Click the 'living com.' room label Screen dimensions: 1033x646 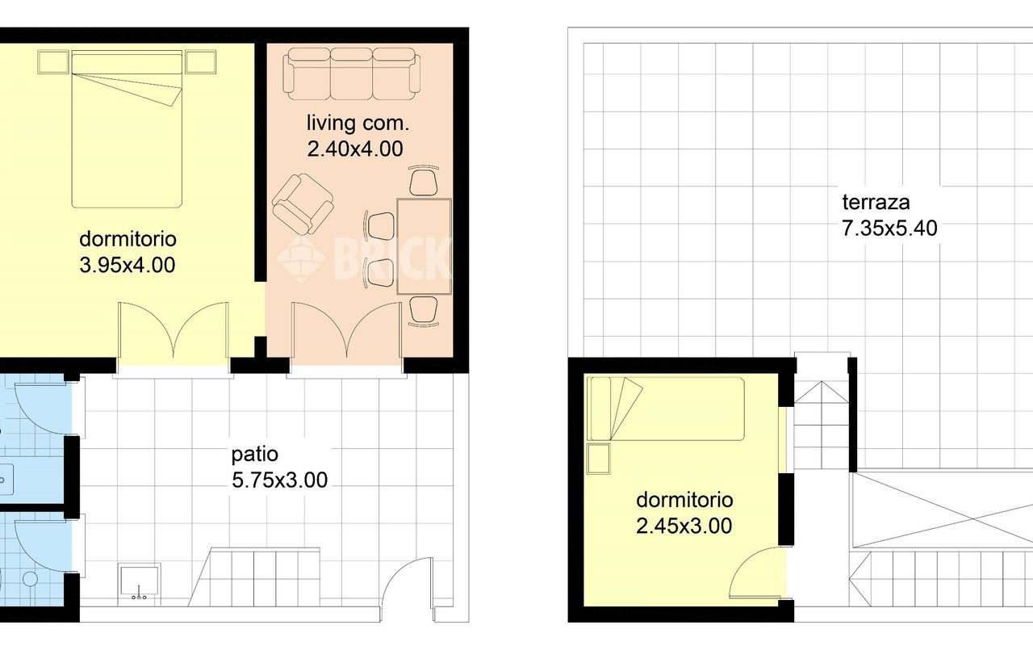pos(358,124)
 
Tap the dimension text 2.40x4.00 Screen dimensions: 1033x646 pos(355,149)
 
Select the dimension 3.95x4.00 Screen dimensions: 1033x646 pos(128,266)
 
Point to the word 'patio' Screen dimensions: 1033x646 pos(254,455)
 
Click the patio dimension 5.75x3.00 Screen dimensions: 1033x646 pos(279,480)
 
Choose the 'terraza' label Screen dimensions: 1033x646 pos(876,202)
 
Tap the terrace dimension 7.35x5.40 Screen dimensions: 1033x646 pos(889,229)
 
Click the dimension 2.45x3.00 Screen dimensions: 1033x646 pos(684,526)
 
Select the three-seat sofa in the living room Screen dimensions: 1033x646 pos(351,73)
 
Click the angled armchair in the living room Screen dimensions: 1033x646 pos(303,203)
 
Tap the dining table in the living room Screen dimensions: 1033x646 pos(424,246)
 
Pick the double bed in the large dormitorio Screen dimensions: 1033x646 pos(127,129)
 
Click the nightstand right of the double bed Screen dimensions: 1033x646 pos(201,62)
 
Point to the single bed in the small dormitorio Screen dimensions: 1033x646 pos(667,409)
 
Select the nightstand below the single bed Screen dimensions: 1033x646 pos(599,459)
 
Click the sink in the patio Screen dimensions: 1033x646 pos(139,584)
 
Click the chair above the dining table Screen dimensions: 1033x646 pos(424,181)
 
